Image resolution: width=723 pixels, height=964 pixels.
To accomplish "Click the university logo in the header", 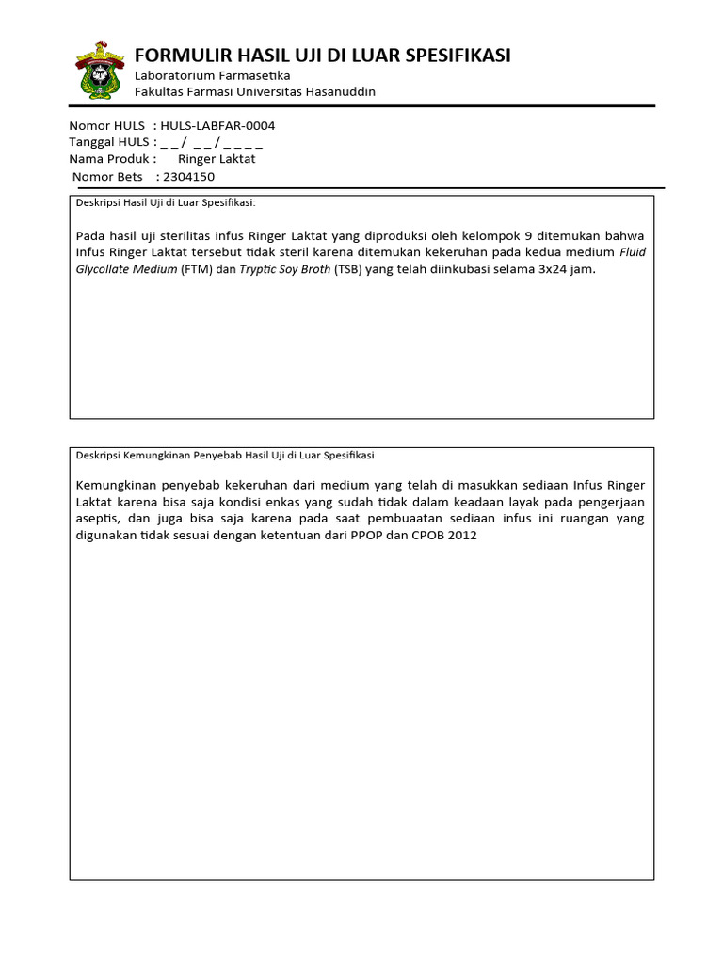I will (x=98, y=72).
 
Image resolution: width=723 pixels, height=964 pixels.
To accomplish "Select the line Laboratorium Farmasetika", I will (x=213, y=75).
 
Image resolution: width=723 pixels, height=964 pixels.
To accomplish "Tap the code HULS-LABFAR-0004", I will (x=217, y=125).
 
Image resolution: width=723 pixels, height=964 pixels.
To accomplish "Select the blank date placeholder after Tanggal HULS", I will (x=212, y=142).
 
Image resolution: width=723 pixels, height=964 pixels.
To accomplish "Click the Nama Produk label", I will (x=109, y=159).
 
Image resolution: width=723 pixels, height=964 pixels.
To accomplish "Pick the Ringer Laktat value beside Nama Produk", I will (x=217, y=159).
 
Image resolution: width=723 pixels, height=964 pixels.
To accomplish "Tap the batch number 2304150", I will (x=188, y=176).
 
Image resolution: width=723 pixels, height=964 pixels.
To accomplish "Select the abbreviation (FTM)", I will (x=197, y=269).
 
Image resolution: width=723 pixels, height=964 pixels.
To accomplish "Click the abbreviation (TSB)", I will (x=344, y=269).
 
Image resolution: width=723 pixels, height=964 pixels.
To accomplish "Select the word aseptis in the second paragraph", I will (x=98, y=519).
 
